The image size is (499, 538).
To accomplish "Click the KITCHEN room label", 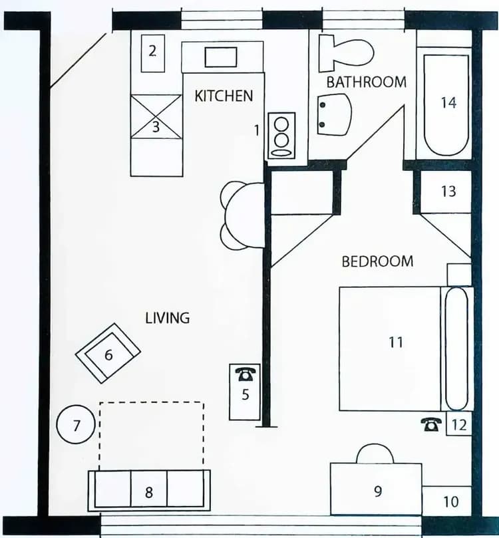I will click(x=224, y=96).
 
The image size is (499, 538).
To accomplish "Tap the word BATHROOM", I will click(x=366, y=82).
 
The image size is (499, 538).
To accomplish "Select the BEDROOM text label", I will click(x=377, y=261).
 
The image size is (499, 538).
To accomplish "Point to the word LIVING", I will click(x=168, y=318).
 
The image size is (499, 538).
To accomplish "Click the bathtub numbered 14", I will click(x=448, y=104).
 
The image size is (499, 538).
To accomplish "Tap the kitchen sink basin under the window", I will click(x=222, y=57).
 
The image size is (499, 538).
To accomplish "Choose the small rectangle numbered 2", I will click(x=152, y=51).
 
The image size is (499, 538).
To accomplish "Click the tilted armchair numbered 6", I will click(x=108, y=353).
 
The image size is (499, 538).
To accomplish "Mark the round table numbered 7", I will click(x=77, y=425).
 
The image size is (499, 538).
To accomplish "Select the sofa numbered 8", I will click(x=149, y=491).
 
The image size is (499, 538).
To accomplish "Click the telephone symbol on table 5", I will click(x=245, y=374).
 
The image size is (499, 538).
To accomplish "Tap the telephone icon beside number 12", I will click(x=432, y=424).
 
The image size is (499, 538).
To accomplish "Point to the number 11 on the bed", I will click(x=396, y=342).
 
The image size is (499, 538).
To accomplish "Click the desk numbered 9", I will click(x=377, y=490).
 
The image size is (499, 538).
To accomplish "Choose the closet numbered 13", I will click(x=448, y=192).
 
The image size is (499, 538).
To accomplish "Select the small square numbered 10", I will click(x=450, y=500).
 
